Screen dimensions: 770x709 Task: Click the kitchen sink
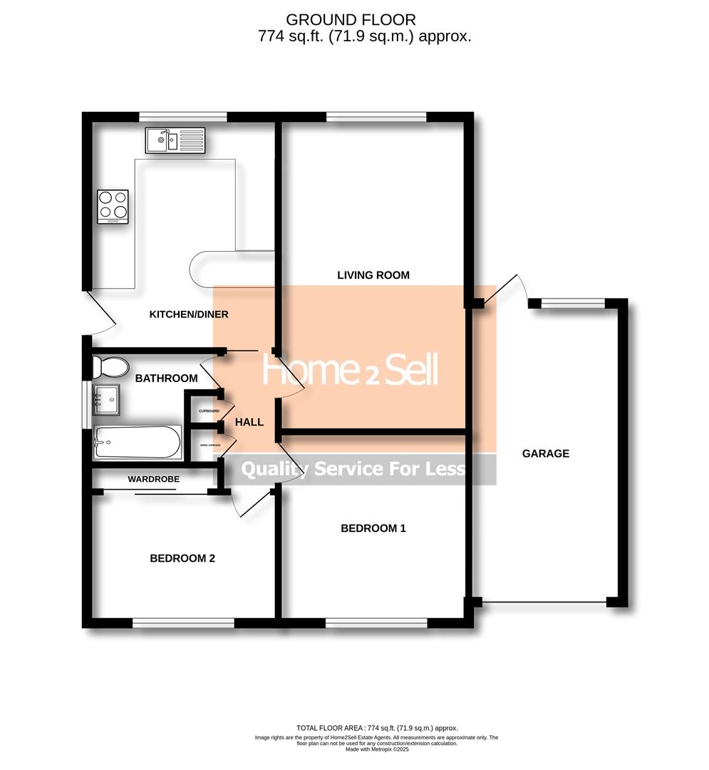[175, 140]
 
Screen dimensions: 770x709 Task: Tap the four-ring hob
[113, 206]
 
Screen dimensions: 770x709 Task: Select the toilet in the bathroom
[109, 367]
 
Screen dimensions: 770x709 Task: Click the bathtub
[137, 443]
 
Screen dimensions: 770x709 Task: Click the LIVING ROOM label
[373, 275]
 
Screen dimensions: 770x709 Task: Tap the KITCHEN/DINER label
[188, 314]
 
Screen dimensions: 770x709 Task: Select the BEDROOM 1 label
[373, 528]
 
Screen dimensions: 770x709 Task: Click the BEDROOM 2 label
[182, 558]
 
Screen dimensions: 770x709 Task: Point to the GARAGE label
[546, 453]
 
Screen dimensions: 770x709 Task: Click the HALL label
[249, 423]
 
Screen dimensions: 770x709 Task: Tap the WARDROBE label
[154, 479]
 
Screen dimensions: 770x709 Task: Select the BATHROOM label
[166, 378]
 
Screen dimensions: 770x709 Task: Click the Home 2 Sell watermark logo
[350, 370]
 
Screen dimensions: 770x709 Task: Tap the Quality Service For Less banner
[353, 469]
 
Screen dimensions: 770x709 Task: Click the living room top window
[376, 117]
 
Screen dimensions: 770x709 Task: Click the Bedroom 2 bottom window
[183, 623]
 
